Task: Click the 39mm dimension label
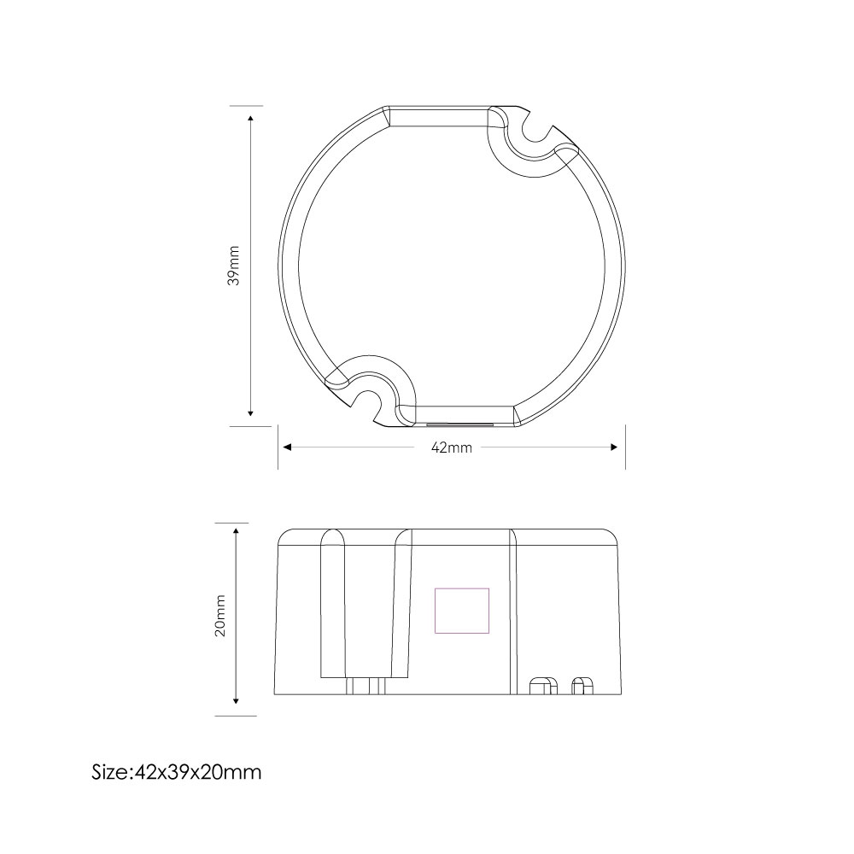pyautogui.click(x=234, y=266)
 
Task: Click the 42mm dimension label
pyautogui.click(x=452, y=447)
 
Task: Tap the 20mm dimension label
pyautogui.click(x=220, y=616)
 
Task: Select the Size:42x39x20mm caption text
pyautogui.click(x=177, y=772)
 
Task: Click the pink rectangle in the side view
pyautogui.click(x=462, y=611)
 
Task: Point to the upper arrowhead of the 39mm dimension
pyautogui.click(x=250, y=119)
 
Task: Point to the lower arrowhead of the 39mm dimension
pyautogui.click(x=250, y=412)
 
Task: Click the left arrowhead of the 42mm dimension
pyautogui.click(x=288, y=447)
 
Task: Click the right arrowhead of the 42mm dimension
pyautogui.click(x=614, y=447)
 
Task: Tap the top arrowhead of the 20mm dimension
pyautogui.click(x=236, y=531)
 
